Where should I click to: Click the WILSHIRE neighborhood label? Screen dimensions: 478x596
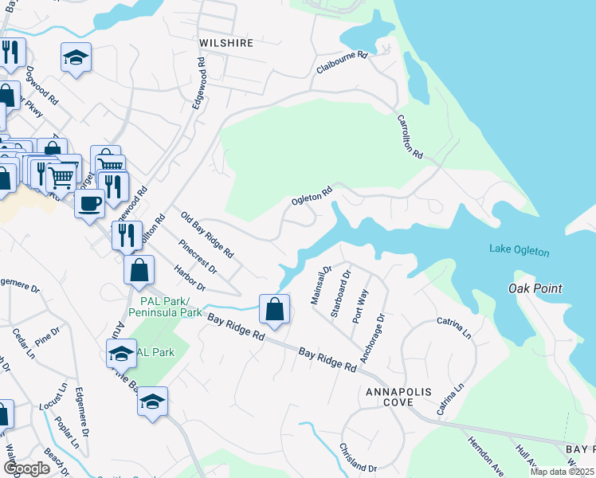227,43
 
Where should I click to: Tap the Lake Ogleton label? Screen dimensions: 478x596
519,252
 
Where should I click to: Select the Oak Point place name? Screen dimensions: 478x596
535,288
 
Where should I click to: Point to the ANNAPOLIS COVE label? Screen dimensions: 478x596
389,398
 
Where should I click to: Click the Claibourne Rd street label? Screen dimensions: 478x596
342,63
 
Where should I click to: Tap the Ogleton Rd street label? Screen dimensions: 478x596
311,195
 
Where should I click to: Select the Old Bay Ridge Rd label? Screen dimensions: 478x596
207,234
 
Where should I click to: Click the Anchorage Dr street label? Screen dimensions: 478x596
373,338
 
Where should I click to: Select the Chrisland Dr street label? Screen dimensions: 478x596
357,457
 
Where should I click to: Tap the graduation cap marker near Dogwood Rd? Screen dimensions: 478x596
76,57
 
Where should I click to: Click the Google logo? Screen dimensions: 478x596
26,468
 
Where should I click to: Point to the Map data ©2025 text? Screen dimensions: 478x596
562,472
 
